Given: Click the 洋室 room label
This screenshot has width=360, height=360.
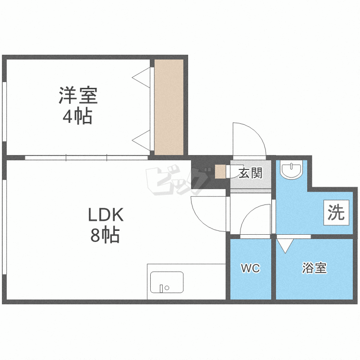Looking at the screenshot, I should coord(78,96).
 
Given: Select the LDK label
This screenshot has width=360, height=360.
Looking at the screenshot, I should coord(106,215).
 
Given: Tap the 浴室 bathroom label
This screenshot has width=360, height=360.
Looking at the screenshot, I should coord(314,268).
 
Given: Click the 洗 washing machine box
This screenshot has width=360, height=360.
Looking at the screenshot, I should coord(336,213).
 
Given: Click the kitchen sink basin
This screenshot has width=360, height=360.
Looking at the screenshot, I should coord(167,282).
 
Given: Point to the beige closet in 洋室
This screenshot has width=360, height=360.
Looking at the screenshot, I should coord(169,107).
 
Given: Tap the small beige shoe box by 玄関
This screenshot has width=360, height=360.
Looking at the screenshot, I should coord(221,171).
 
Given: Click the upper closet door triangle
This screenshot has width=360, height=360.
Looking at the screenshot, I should coord(142,76).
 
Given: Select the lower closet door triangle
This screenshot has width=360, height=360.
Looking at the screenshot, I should coord(142,140).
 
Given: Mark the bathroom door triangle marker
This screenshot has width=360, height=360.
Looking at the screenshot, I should coord(285,245).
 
